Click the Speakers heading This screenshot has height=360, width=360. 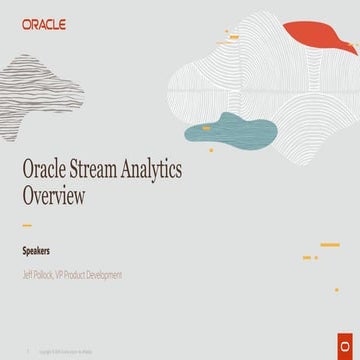click(37, 252)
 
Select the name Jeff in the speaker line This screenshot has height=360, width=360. click(28, 273)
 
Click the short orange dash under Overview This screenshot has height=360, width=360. click(27, 225)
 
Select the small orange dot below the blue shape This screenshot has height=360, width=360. click(211, 150)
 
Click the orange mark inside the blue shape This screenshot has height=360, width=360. click(206, 129)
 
